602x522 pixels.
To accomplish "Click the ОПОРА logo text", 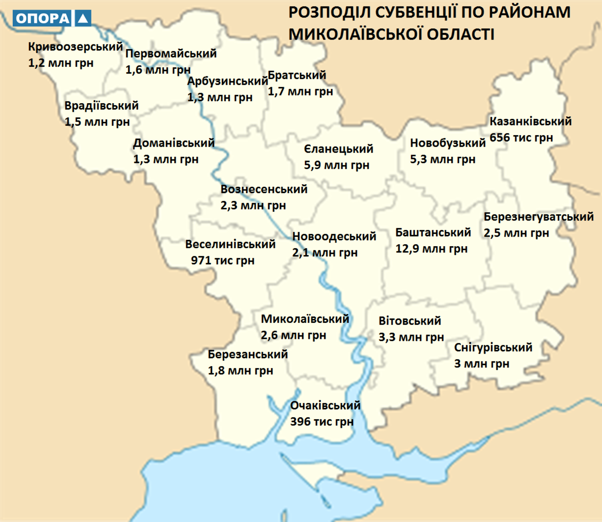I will point(42,18).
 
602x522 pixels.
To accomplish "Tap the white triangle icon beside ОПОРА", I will point(83,18).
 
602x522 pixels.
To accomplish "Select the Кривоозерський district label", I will point(75,47).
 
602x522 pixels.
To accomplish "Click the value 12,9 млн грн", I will point(431,249).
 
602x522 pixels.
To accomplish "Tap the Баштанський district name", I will point(433,233).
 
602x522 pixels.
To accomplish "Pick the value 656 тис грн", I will point(521,138).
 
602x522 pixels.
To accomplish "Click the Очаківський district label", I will point(325,405).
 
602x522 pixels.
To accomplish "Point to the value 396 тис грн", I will point(322,422).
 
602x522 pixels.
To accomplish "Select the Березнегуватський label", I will point(538,217).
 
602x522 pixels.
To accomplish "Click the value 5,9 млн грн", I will point(336,165).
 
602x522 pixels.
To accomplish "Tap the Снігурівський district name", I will point(493,347).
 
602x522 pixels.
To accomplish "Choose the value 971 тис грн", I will point(222,261).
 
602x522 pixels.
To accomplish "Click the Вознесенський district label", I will point(264,189).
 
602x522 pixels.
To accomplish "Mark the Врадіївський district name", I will point(101,106).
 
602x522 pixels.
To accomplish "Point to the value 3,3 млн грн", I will point(411,337).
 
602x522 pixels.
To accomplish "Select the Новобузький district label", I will point(448,143).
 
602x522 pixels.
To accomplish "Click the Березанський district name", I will point(248,354).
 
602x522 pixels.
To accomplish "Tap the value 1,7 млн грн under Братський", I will point(300,92).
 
